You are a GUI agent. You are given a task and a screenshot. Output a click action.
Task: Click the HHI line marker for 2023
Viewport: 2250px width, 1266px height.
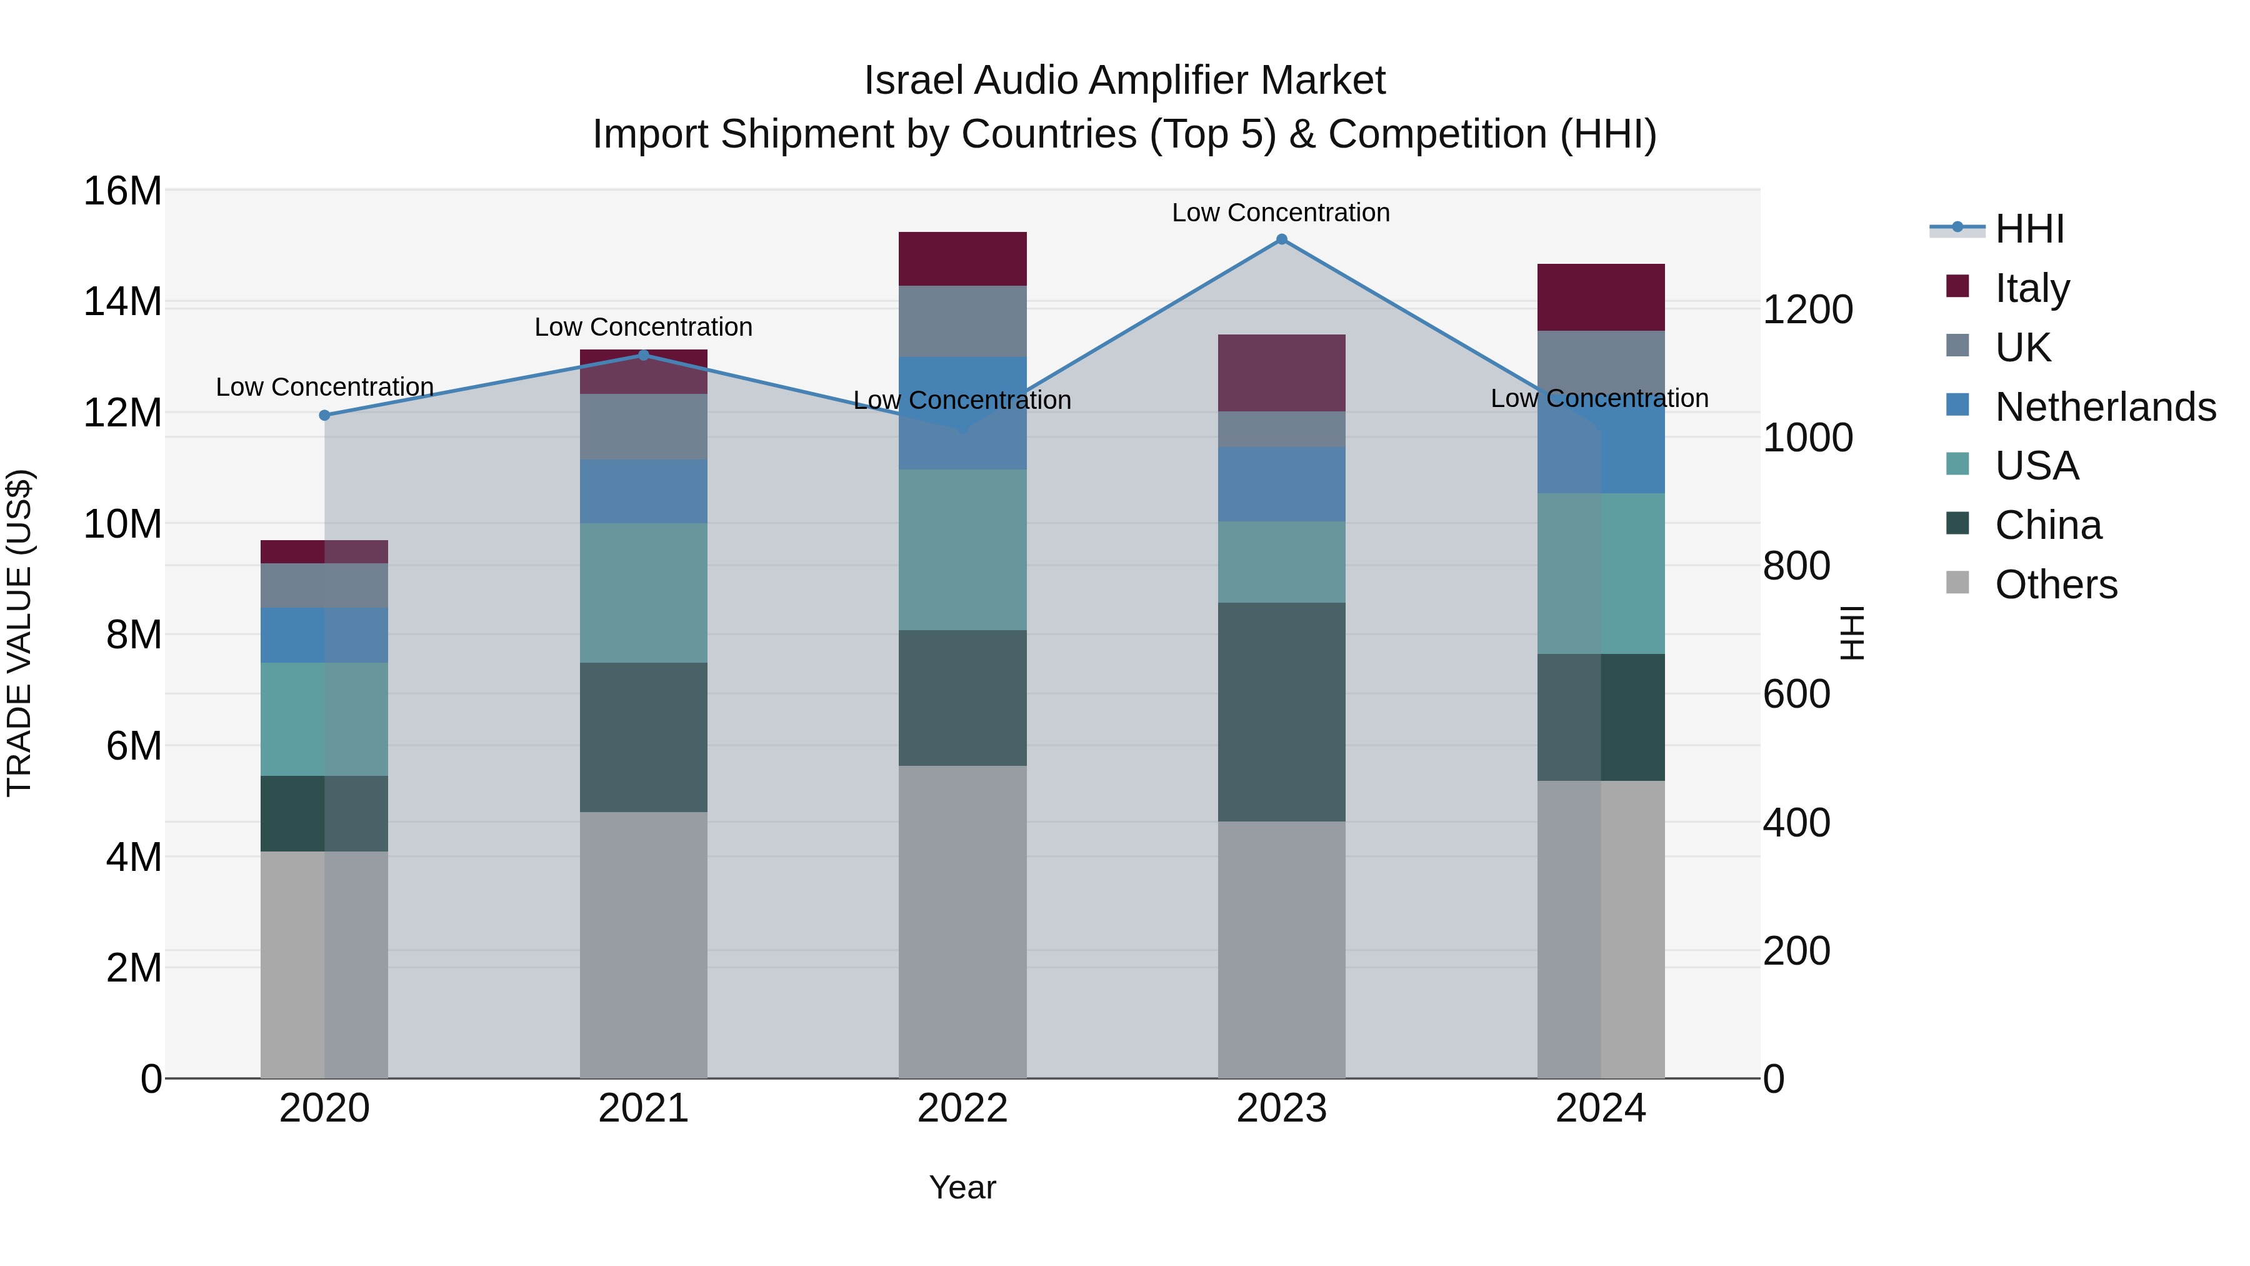[1281, 239]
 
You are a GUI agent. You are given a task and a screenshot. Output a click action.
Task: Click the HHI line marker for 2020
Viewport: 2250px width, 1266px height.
[325, 415]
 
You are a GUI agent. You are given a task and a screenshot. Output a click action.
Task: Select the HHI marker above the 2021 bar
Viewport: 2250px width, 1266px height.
[644, 354]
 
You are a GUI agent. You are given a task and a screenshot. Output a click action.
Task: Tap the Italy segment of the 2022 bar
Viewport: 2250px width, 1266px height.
[962, 259]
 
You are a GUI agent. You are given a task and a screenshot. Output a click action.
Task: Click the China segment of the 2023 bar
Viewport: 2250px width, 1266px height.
[1281, 712]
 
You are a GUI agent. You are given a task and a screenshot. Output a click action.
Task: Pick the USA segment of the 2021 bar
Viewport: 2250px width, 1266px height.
[644, 593]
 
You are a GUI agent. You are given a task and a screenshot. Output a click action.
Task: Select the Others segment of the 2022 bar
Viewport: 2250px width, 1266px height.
[962, 922]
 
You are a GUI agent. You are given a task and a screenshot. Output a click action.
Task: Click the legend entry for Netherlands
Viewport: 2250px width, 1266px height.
[2105, 407]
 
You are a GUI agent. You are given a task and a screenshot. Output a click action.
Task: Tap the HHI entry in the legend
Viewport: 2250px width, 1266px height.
[2029, 229]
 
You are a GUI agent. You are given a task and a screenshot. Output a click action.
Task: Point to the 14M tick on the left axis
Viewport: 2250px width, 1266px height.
[122, 303]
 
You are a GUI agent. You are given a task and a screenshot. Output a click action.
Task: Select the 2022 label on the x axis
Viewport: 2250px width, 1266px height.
[962, 1108]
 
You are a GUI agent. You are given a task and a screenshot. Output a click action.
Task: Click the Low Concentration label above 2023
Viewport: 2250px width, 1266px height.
[1281, 213]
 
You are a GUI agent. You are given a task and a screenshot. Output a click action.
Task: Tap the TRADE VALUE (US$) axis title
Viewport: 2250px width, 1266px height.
[19, 633]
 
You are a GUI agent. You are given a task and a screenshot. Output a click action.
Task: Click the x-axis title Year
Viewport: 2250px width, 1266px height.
[962, 1187]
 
